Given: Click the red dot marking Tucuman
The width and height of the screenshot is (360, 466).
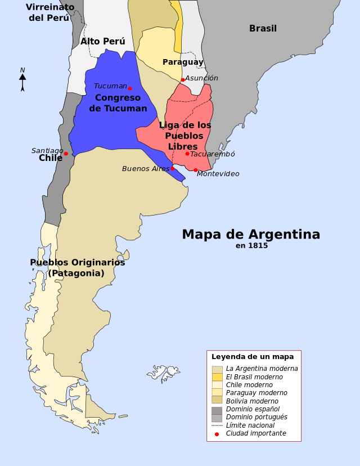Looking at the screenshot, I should point(130,88).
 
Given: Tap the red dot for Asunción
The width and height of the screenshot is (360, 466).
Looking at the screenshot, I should point(183,80).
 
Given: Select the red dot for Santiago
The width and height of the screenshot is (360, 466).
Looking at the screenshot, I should point(66,154).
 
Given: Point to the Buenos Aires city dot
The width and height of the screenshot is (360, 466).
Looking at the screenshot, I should point(173,169).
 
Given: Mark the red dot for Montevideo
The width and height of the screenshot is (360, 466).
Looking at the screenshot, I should point(196,170).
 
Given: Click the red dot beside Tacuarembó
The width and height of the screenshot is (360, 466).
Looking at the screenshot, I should point(187,154).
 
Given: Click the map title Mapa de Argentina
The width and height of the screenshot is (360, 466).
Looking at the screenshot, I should point(251,234).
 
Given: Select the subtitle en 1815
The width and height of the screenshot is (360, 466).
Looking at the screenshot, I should point(251,245).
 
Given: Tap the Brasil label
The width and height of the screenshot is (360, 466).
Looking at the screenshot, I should point(263,29).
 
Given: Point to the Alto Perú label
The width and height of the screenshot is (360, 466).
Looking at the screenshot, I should point(102,42).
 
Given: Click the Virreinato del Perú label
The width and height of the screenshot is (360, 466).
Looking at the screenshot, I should point(50,12).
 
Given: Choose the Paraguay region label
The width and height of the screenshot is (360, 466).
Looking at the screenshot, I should point(183,62).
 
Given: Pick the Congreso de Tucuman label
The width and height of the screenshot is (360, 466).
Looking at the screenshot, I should point(118,103).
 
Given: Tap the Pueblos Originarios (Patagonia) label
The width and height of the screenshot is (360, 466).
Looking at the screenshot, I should point(77,268).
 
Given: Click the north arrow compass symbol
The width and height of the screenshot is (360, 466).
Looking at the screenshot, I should point(22,80).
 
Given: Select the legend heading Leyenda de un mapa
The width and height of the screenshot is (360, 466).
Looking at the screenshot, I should point(253,357).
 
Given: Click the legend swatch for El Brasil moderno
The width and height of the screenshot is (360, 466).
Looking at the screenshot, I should point(217,377).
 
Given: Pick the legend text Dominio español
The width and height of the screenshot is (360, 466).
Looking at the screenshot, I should point(253,409).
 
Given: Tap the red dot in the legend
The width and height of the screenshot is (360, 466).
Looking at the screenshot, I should point(217,434).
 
